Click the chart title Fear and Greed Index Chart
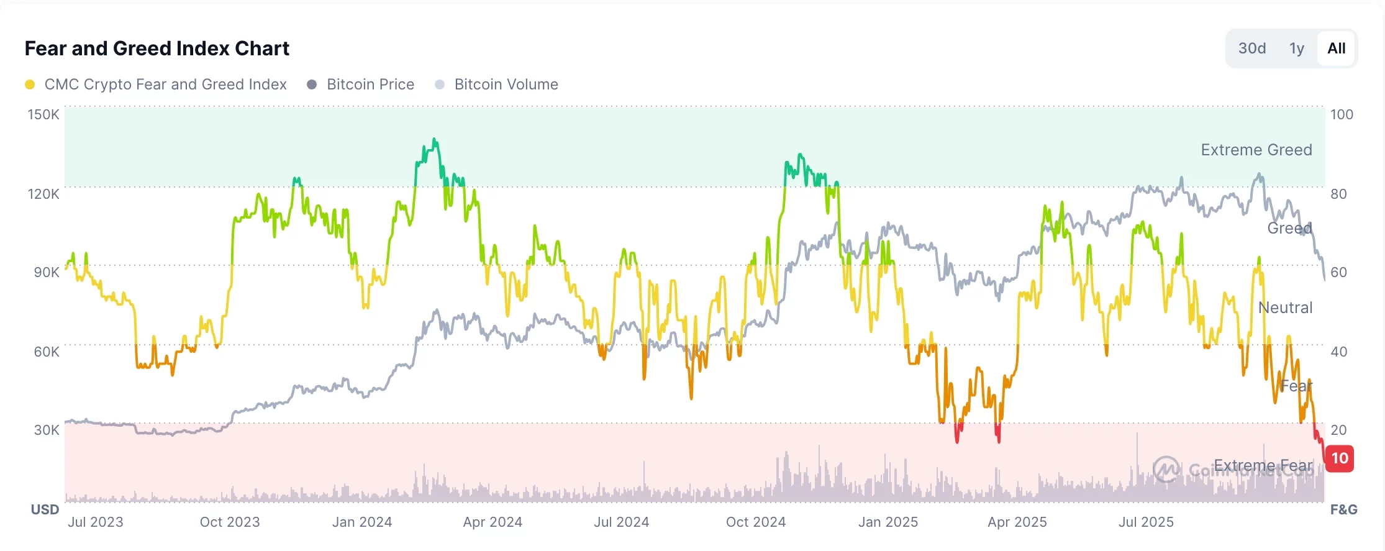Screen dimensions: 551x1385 click(157, 48)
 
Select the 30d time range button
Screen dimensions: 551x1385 click(1251, 48)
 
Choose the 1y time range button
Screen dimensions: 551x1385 click(1296, 48)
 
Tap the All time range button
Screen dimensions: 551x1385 click(1336, 48)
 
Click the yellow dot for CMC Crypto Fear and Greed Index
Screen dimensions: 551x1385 click(30, 84)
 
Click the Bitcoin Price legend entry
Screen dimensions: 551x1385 click(370, 84)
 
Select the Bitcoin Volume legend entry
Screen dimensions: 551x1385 click(506, 84)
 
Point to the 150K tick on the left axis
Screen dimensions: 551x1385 click(43, 114)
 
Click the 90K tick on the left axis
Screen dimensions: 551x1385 click(46, 272)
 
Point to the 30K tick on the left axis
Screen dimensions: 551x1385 click(46, 430)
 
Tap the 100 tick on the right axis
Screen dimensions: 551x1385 click(1342, 114)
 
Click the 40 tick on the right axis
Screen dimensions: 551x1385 click(1339, 352)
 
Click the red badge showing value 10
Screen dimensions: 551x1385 click(1340, 458)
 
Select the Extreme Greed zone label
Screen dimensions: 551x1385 click(1256, 150)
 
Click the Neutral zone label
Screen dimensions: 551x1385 click(1285, 307)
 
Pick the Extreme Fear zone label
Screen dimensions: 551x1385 click(1263, 465)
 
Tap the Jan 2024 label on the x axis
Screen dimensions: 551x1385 click(361, 522)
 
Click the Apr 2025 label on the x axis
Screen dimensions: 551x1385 click(1017, 522)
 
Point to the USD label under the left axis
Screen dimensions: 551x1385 click(45, 509)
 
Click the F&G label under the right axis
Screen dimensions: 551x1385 click(1343, 509)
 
